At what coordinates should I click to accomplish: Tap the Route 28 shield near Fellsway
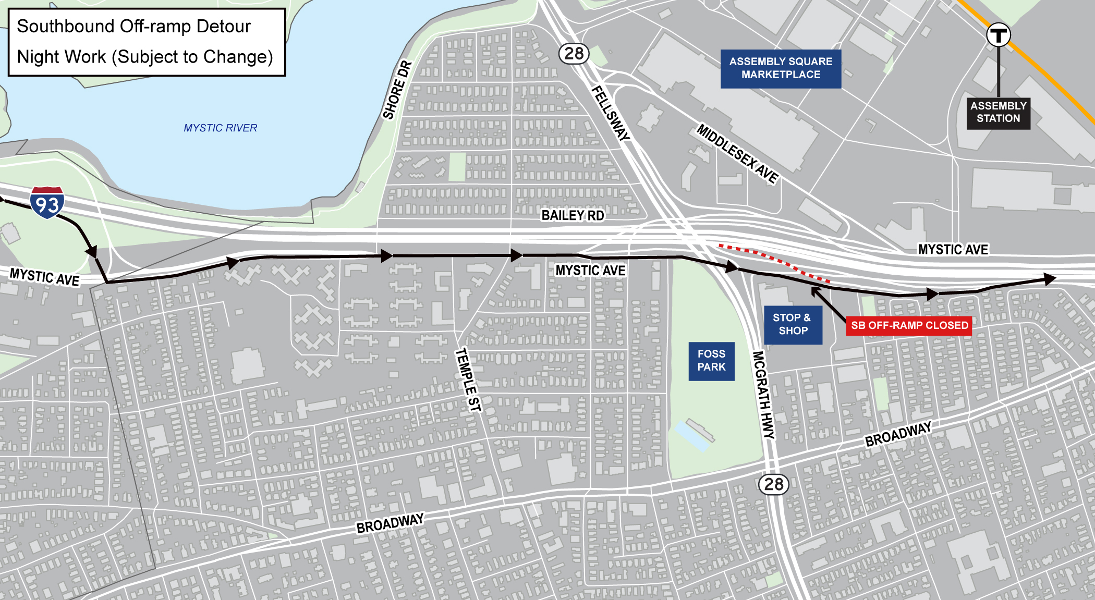coord(574,53)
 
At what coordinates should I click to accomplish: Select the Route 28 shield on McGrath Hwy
coord(773,484)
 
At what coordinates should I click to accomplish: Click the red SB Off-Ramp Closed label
coord(909,326)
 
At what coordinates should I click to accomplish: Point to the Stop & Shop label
coord(793,324)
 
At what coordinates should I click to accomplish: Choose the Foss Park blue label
coord(711,361)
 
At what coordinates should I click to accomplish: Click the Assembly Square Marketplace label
coord(781,68)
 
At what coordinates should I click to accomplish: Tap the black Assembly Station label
coord(998,113)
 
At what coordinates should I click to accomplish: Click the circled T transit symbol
coord(998,35)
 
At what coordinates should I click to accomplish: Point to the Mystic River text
coord(220,128)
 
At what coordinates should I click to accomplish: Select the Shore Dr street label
coord(397,90)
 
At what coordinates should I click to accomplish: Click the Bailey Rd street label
coord(573,215)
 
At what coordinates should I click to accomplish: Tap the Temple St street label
coord(468,379)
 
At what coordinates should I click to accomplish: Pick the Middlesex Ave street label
coord(737,153)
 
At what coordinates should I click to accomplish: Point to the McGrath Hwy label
coord(763,395)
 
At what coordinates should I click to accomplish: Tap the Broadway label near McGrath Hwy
coord(898,434)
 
